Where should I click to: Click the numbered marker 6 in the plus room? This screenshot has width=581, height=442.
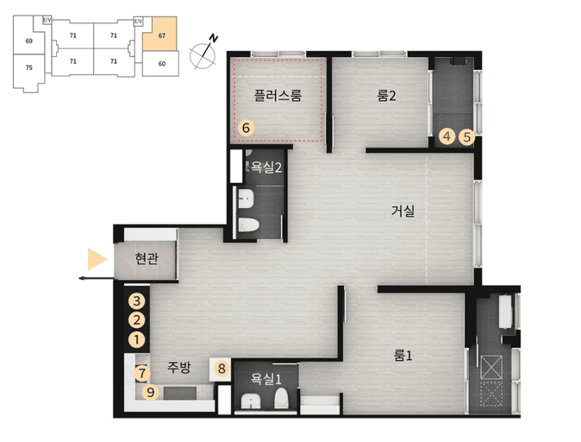(x=246, y=128)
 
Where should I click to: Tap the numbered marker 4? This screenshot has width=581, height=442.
(x=447, y=136)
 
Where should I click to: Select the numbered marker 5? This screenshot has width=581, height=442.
(x=467, y=137)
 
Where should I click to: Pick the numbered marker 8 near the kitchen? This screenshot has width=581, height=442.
(x=222, y=369)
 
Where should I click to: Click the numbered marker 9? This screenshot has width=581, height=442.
(x=151, y=392)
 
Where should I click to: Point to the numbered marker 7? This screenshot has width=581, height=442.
(x=142, y=373)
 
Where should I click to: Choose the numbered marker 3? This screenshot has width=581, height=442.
(x=137, y=301)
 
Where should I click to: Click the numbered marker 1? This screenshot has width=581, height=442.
(x=137, y=339)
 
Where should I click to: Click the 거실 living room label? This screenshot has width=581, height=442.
(x=403, y=212)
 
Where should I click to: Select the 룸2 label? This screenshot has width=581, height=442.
(x=386, y=96)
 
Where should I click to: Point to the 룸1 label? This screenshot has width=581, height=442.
(x=403, y=356)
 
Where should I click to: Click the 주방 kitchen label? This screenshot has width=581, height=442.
(x=178, y=368)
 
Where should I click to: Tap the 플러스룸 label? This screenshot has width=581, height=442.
(x=278, y=95)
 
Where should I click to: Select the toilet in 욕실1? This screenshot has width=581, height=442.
(x=281, y=398)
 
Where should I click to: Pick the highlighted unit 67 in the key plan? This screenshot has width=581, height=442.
(x=159, y=34)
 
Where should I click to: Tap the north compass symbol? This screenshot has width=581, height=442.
(x=203, y=53)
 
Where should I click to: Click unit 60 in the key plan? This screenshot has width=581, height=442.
(x=161, y=64)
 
